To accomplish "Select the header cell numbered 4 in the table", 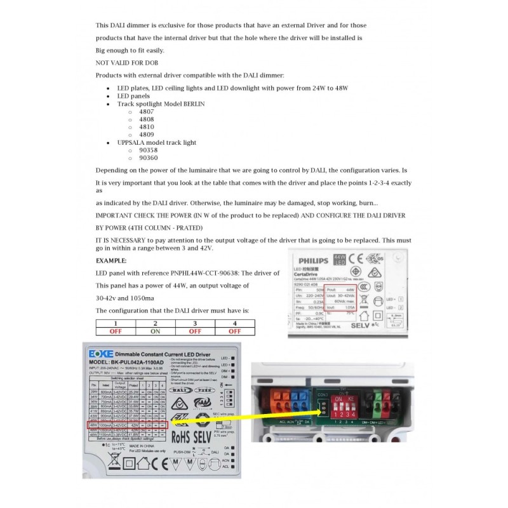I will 234,323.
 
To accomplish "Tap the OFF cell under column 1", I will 116,331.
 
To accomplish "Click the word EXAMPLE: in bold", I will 111,261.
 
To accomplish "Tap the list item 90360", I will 149,158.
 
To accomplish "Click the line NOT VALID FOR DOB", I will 127,63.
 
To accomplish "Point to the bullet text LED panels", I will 135,95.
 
